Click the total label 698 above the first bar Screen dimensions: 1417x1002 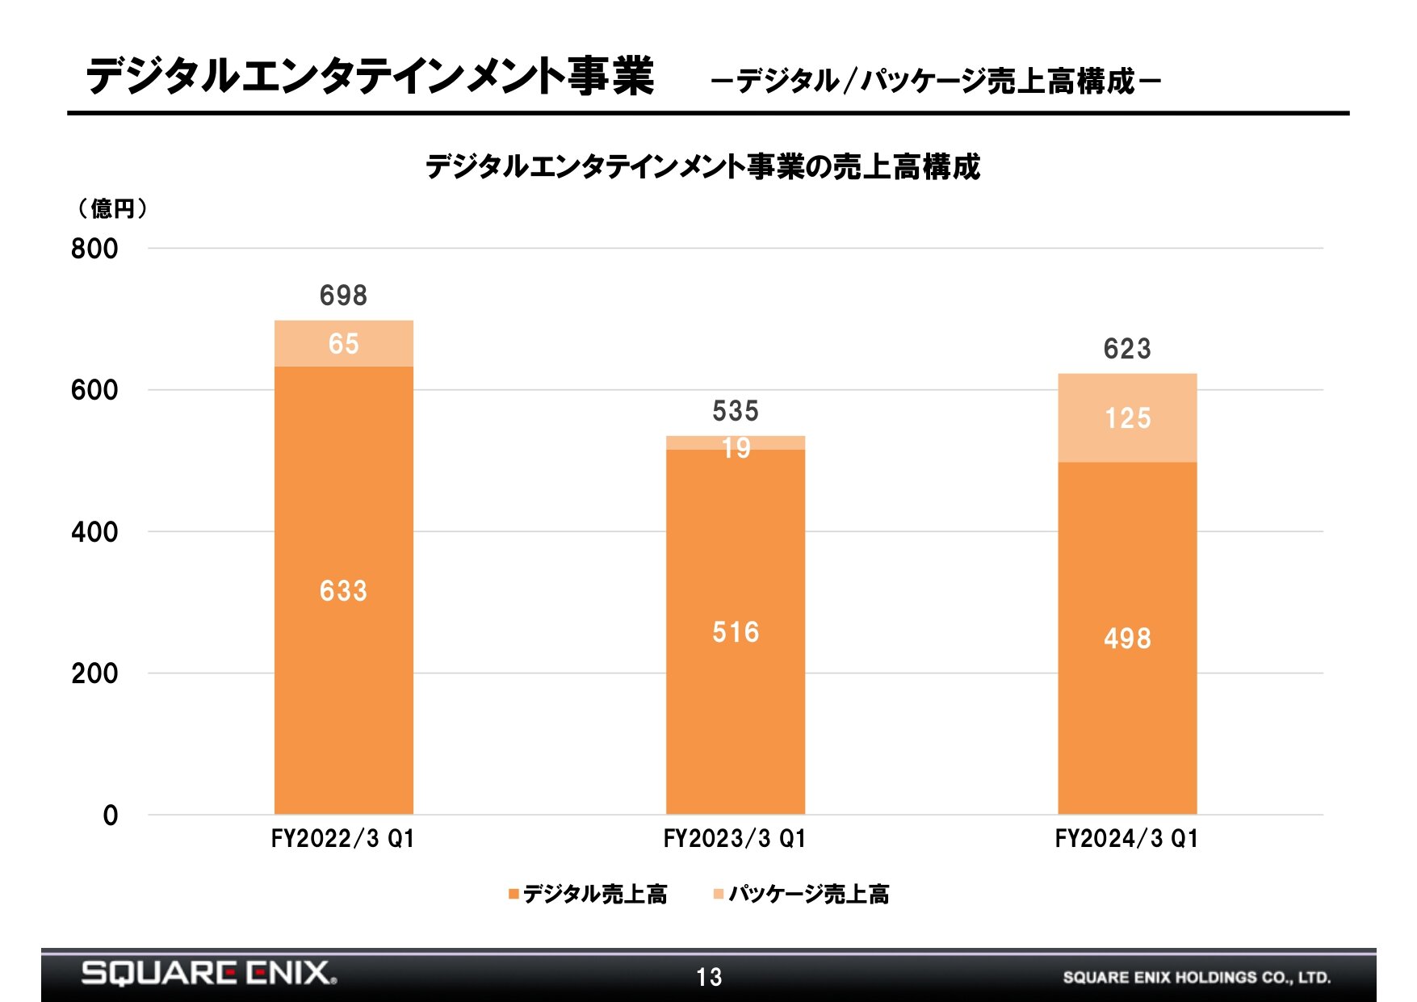pyautogui.click(x=343, y=296)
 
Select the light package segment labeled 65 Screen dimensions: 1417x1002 pyautogui.click(x=344, y=344)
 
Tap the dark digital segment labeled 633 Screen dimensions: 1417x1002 pyautogui.click(x=344, y=590)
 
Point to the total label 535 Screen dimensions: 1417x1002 pyautogui.click(x=736, y=411)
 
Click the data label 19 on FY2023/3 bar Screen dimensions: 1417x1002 pyautogui.click(x=736, y=448)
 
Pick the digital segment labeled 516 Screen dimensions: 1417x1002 pyautogui.click(x=736, y=631)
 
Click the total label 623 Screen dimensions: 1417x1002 pyautogui.click(x=1127, y=349)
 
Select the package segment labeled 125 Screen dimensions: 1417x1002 pyautogui.click(x=1127, y=418)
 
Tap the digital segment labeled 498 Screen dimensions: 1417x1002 pyautogui.click(x=1127, y=638)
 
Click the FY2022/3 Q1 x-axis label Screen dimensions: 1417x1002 pyautogui.click(x=343, y=839)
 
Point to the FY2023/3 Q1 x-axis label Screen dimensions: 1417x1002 pyautogui.click(x=735, y=839)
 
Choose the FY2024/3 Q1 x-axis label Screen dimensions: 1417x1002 pyautogui.click(x=1127, y=839)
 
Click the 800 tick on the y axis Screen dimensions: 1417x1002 pyautogui.click(x=94, y=249)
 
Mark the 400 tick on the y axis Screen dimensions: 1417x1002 pyautogui.click(x=94, y=532)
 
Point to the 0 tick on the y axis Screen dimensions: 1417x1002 pyautogui.click(x=111, y=815)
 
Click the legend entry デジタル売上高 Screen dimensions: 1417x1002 pyautogui.click(x=588, y=894)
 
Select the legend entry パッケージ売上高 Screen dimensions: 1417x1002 pyautogui.click(x=802, y=894)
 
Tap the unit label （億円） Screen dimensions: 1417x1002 pyautogui.click(x=112, y=209)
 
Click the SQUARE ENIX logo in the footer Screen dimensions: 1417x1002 pyautogui.click(x=209, y=973)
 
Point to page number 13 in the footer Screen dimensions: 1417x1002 pyautogui.click(x=709, y=978)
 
